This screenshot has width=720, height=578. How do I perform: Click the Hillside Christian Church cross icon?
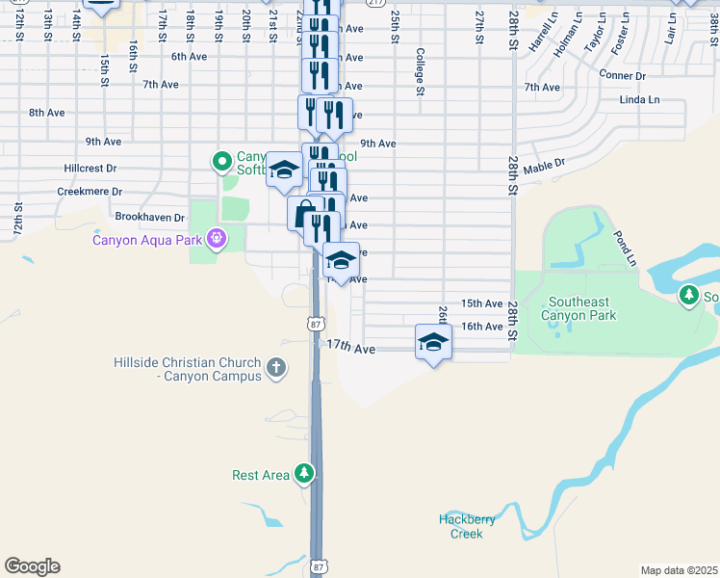pyautogui.click(x=276, y=367)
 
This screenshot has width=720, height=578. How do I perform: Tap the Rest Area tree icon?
pyautogui.click(x=304, y=473)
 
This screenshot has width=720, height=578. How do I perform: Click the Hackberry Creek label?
pyautogui.click(x=467, y=526)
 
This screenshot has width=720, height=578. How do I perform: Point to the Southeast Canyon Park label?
pyautogui.click(x=578, y=307)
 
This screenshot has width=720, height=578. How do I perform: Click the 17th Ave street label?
pyautogui.click(x=350, y=346)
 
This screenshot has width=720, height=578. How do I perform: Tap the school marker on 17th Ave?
pyautogui.click(x=433, y=342)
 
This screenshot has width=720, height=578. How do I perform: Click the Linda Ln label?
pyautogui.click(x=640, y=99)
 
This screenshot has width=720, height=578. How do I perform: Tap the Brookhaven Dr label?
pyautogui.click(x=149, y=218)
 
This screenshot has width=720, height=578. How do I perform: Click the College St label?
pyautogui.click(x=420, y=73)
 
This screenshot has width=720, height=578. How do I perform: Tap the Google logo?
pyautogui.click(x=32, y=566)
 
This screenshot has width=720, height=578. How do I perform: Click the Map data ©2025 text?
pyautogui.click(x=679, y=570)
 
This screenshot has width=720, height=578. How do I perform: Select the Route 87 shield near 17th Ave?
pyautogui.click(x=316, y=325)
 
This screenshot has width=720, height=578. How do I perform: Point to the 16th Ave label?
pyautogui.click(x=482, y=327)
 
